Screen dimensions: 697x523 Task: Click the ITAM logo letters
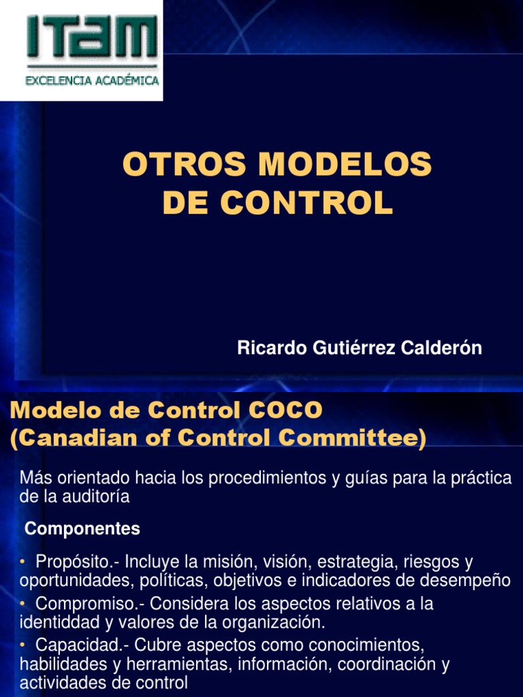tap(92, 37)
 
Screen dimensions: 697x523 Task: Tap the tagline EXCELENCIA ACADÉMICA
tap(92, 80)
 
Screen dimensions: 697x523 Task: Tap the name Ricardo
tap(268, 348)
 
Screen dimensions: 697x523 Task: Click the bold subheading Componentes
tap(82, 529)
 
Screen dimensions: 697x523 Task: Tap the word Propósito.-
tap(78, 563)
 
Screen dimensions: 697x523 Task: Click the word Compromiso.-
tap(85, 604)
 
